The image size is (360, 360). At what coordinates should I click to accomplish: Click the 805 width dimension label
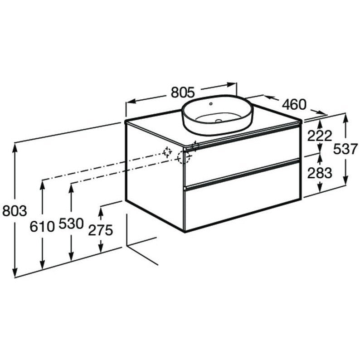(183, 92)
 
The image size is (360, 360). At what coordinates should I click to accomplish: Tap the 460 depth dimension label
(294, 104)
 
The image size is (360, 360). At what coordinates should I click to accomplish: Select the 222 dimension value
(320, 136)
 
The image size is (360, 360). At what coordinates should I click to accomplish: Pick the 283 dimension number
(320, 173)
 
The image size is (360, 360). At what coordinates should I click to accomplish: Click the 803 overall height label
(15, 211)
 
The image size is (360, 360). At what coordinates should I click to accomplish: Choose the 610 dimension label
(42, 227)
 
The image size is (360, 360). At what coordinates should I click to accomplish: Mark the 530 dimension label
(71, 224)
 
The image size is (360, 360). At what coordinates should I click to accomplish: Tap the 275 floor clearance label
(101, 230)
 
